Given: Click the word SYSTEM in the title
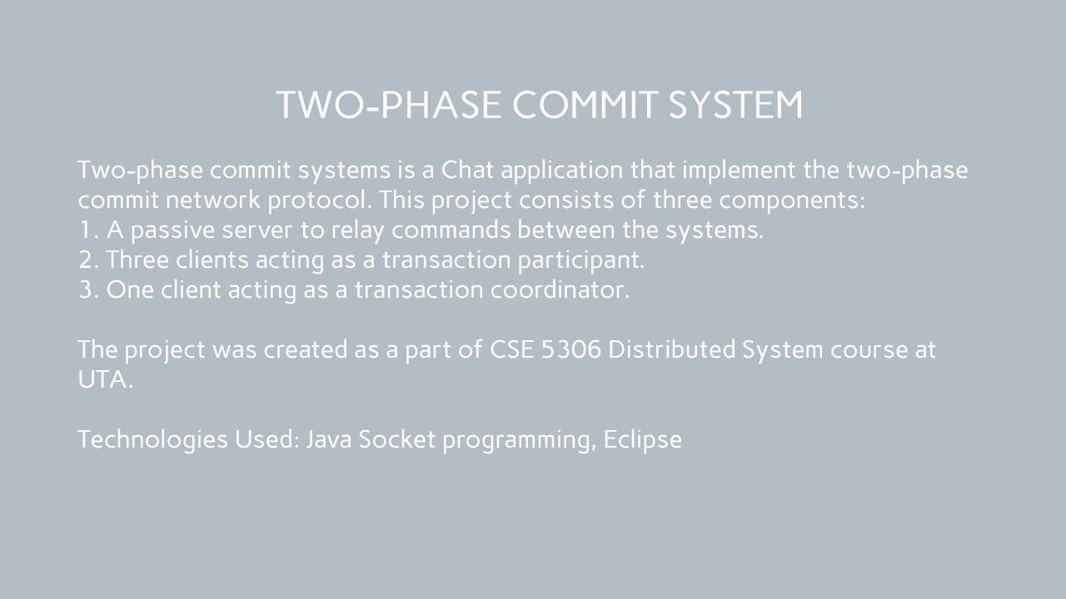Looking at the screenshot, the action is click(x=735, y=105).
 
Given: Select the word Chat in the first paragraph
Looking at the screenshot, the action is click(x=467, y=170).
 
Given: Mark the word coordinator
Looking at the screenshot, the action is click(x=560, y=290).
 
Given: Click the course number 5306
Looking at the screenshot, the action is click(x=571, y=349).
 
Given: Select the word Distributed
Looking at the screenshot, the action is click(x=671, y=349).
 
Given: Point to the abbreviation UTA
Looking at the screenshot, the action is click(x=105, y=379).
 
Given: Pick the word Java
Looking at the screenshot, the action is click(x=329, y=439).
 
